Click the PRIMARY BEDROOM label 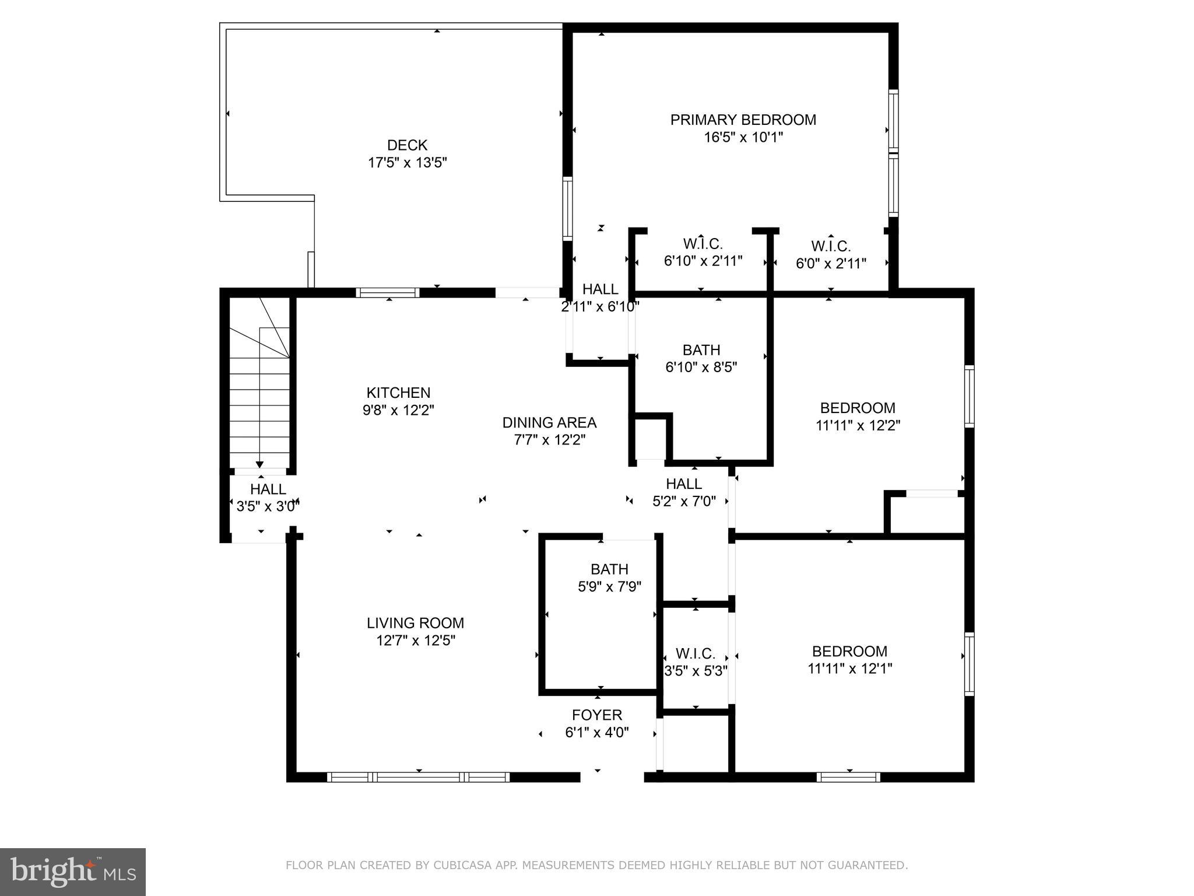coord(743,120)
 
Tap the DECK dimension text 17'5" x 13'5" coord(407,163)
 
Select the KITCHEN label coord(398,393)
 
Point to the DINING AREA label coord(549,422)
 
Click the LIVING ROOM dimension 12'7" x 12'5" coord(415,640)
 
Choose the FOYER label coord(596,715)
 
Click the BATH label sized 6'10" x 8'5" coord(701,350)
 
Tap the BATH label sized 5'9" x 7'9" coord(609,569)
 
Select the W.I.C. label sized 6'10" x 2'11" coord(703,244)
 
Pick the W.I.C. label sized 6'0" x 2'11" coord(830,246)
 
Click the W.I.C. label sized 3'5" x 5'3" coord(695,653)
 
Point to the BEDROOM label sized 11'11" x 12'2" coord(857,408)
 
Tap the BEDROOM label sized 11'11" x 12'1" coord(849,651)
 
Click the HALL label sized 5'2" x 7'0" coord(683,484)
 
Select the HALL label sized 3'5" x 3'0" coord(268,489)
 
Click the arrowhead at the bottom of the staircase coord(259,464)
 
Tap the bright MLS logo coord(73,871)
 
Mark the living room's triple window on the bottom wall coord(418,777)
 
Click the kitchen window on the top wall coord(388,292)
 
